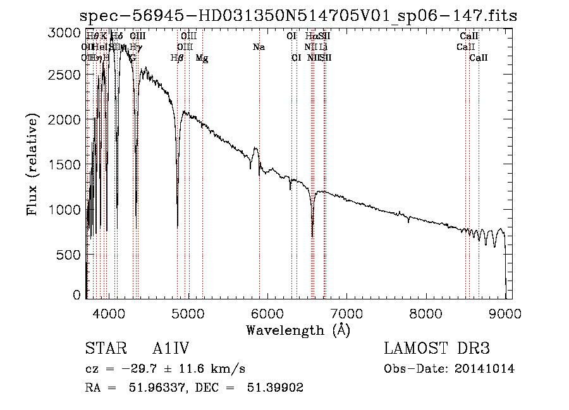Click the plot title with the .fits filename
coord(298,16)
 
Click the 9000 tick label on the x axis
coord(505,312)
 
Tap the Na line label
coord(259,47)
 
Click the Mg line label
coord(202,58)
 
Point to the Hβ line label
coord(177,58)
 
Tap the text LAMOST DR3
coord(436,349)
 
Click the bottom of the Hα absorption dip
coord(312,236)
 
